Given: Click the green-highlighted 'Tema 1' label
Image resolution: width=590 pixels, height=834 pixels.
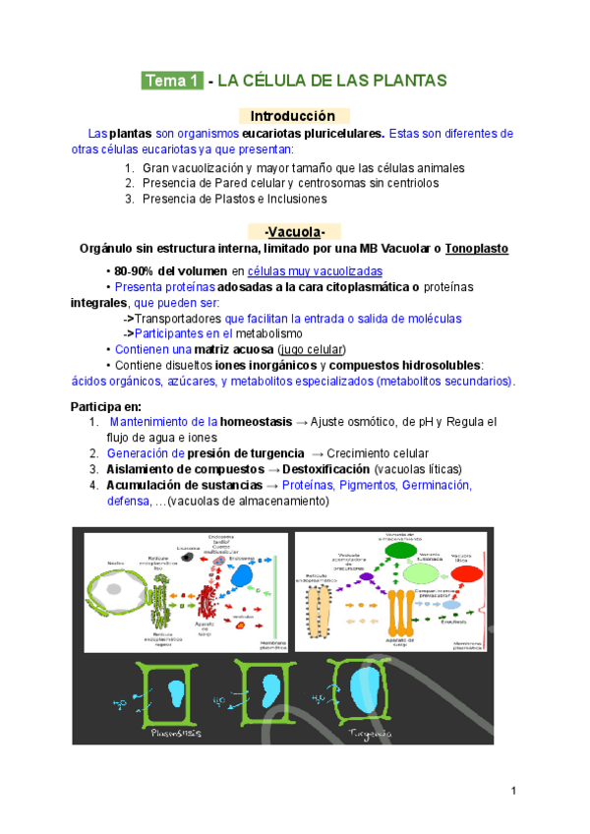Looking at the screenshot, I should click(172, 81).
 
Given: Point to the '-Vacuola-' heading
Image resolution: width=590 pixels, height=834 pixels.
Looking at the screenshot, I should click(294, 232).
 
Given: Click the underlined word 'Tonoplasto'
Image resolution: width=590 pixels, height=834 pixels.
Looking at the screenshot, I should click(476, 249).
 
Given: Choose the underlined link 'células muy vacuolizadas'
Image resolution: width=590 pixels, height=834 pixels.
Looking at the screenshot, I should click(315, 271).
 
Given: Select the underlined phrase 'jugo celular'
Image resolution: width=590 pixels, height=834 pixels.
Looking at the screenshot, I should click(311, 349).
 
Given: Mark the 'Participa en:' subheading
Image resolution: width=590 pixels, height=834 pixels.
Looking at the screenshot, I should click(106, 406).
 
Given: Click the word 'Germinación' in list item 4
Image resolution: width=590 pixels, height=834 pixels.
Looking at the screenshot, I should click(436, 485).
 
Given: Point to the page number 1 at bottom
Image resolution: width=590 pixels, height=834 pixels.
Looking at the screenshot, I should click(514, 792).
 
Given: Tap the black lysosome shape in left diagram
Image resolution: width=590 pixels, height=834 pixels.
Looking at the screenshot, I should click(186, 558).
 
